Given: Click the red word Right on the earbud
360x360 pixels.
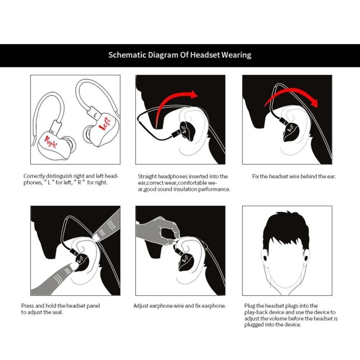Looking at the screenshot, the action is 51,141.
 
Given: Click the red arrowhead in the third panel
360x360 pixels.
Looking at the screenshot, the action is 314,103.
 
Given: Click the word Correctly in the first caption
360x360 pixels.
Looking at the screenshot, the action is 34,176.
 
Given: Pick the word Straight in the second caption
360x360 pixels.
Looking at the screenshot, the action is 147,176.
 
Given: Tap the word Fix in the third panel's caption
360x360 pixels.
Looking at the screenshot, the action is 256,176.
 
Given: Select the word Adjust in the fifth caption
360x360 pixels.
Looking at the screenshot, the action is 141,306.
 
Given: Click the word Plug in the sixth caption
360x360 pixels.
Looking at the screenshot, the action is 249,306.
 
